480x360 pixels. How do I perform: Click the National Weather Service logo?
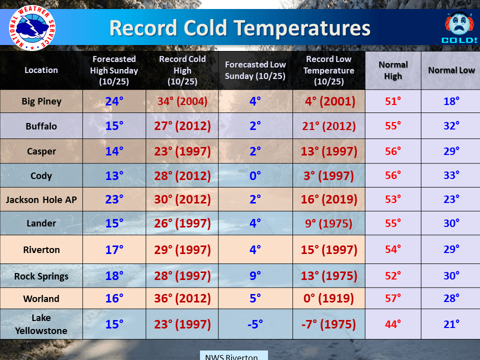tap(32, 28)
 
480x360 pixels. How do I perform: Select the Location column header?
tap(41, 70)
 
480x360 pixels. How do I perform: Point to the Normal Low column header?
tap(451, 70)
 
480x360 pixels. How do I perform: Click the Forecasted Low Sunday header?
tap(255, 70)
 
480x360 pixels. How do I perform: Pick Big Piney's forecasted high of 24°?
tap(114, 101)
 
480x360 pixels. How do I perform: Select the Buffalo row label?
tap(41, 126)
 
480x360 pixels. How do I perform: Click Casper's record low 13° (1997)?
tap(329, 151)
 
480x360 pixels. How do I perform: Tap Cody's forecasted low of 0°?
tap(255, 175)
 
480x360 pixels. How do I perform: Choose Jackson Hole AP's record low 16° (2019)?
tap(329, 199)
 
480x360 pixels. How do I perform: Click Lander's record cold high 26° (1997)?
tap(182, 223)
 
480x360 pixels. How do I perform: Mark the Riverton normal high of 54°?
tap(393, 249)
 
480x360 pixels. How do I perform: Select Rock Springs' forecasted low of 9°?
tap(255, 276)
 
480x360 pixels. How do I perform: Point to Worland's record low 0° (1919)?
tap(329, 298)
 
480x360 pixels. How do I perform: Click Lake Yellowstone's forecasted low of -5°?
tap(255, 324)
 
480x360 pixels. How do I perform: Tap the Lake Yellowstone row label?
tap(41, 324)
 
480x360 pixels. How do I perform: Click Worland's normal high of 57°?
tap(393, 298)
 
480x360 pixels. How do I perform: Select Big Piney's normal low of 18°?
tap(451, 101)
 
